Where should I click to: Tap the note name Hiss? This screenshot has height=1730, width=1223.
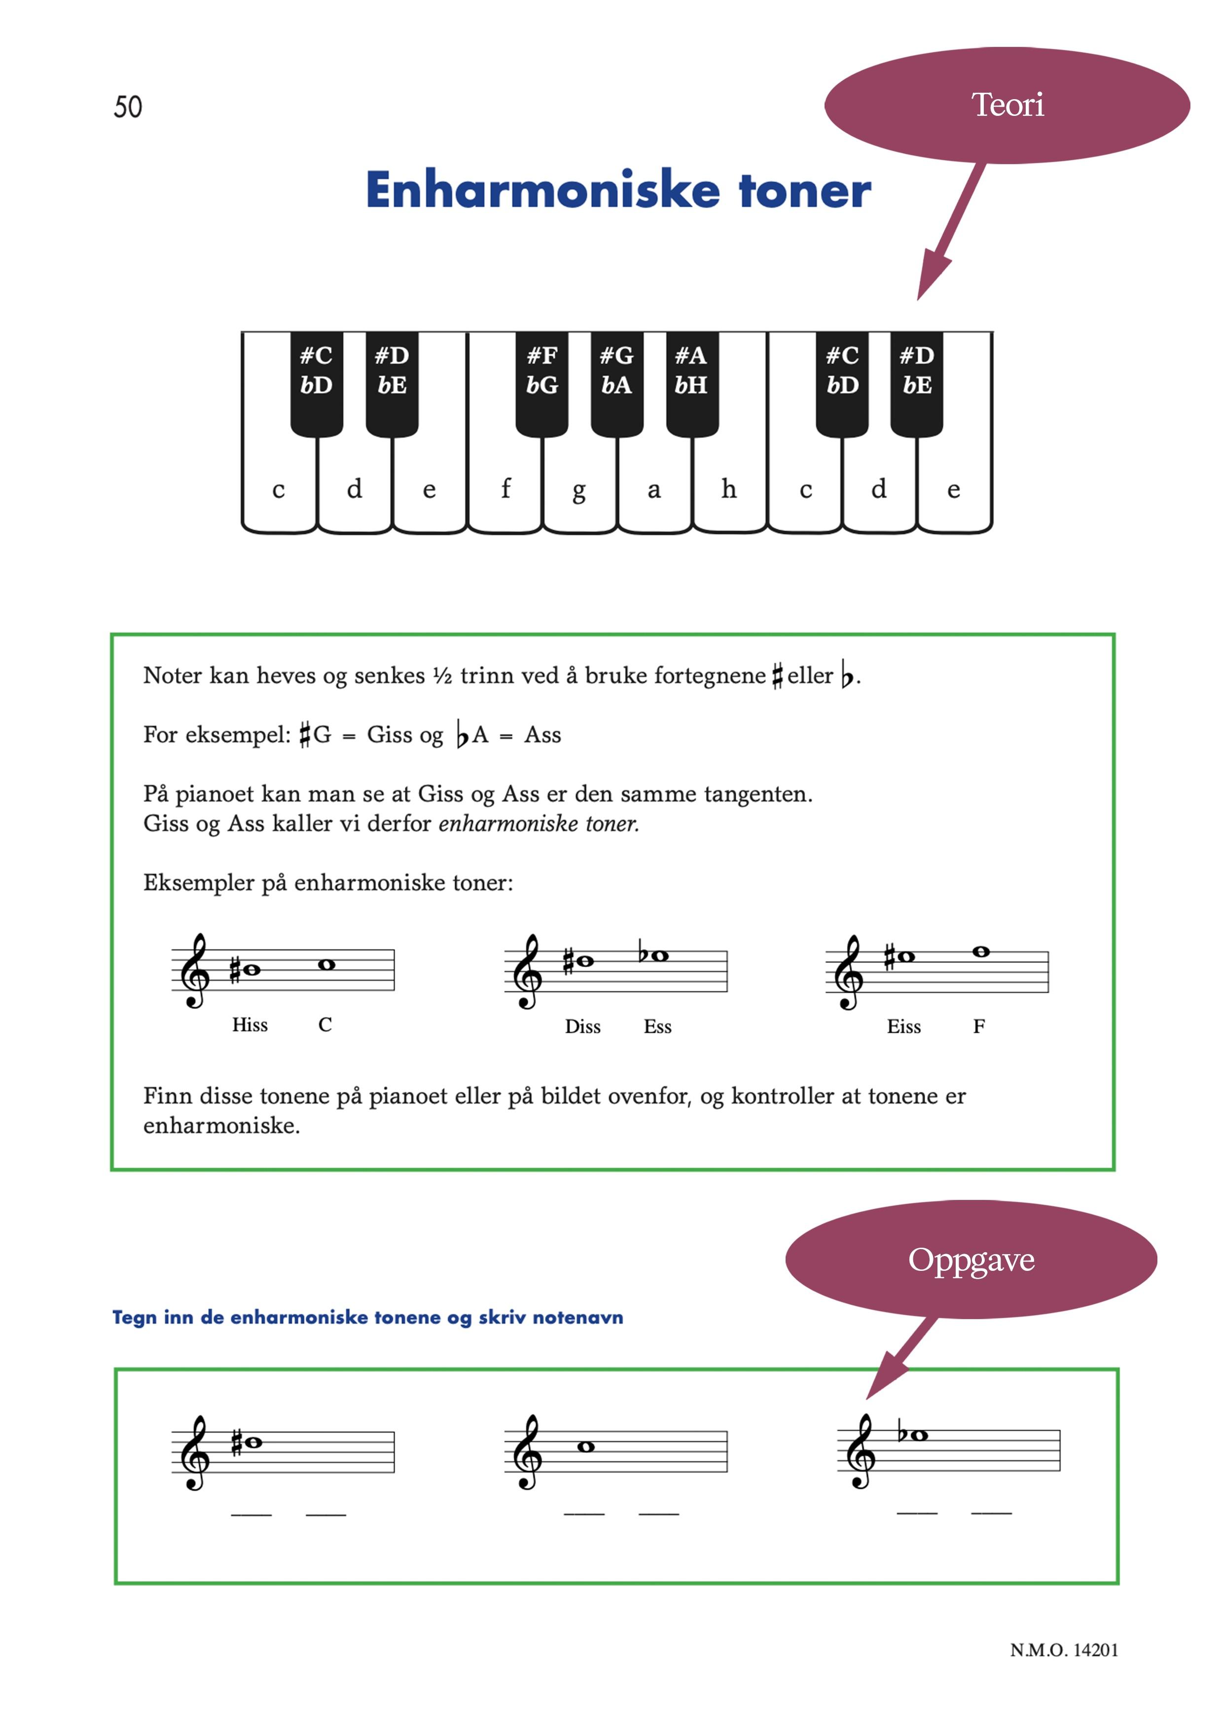tap(250, 1025)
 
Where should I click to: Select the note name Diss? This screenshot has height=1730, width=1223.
tap(582, 1026)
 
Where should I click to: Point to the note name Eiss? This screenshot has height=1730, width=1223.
tap(903, 1026)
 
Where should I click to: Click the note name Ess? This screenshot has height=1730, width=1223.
tap(657, 1026)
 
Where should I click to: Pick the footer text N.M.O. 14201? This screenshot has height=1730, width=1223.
tap(1063, 1650)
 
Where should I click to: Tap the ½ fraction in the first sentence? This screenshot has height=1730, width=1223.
tap(442, 676)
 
